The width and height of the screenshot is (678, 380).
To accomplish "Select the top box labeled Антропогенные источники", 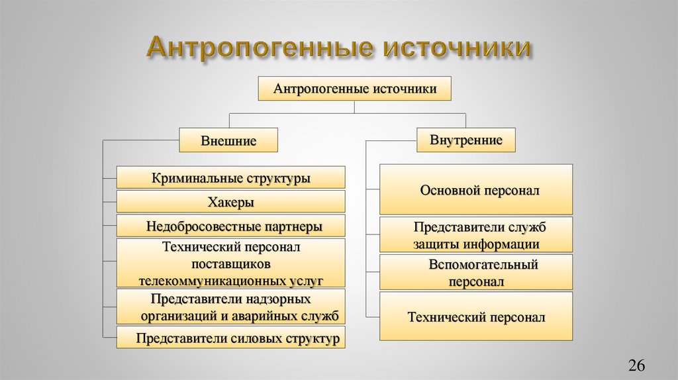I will coord(355,88).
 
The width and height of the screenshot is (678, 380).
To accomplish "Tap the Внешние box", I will coord(228,140).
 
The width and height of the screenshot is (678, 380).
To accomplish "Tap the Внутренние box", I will coord(466,140).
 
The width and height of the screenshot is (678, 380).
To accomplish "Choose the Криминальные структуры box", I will coord(231,177).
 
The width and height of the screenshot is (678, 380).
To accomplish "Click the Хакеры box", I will coord(231,202).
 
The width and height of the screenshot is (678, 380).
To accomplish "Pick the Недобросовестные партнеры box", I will coord(231,226).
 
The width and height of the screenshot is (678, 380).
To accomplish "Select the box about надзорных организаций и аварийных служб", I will coord(231,307).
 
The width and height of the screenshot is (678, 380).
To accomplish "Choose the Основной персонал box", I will coord(476,190).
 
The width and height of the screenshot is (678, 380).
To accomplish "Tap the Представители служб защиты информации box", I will coord(476,235).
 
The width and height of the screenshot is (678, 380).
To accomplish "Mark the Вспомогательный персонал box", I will coord(476,273).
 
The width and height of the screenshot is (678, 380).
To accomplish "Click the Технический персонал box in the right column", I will coord(476,316).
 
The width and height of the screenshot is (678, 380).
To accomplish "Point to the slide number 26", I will coord(636,365).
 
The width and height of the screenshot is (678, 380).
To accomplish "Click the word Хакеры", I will coord(231,202).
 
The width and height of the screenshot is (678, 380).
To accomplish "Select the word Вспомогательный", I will coord(483,265).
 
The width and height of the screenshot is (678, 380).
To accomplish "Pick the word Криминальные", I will coord(194,178).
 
